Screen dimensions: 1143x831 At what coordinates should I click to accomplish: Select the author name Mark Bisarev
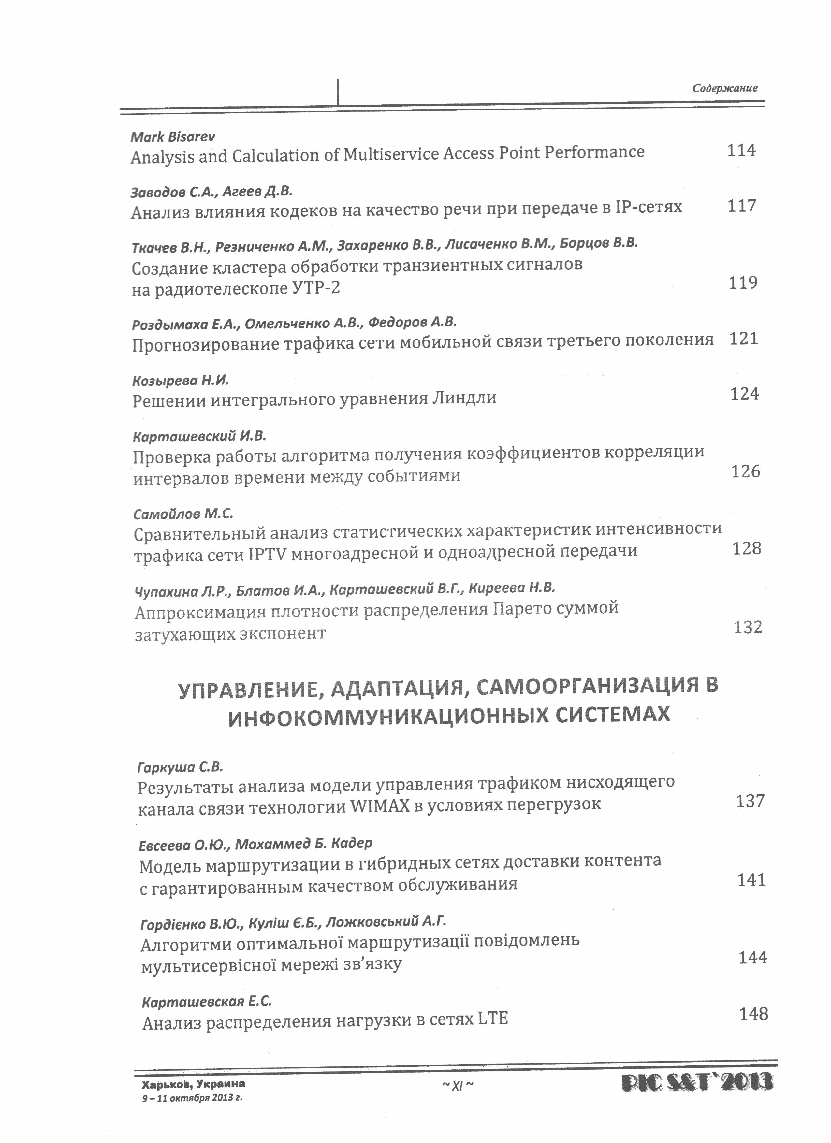tap(173, 137)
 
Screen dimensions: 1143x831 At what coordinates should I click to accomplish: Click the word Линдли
tap(465, 398)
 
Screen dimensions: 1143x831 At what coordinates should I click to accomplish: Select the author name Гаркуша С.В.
tap(180, 768)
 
